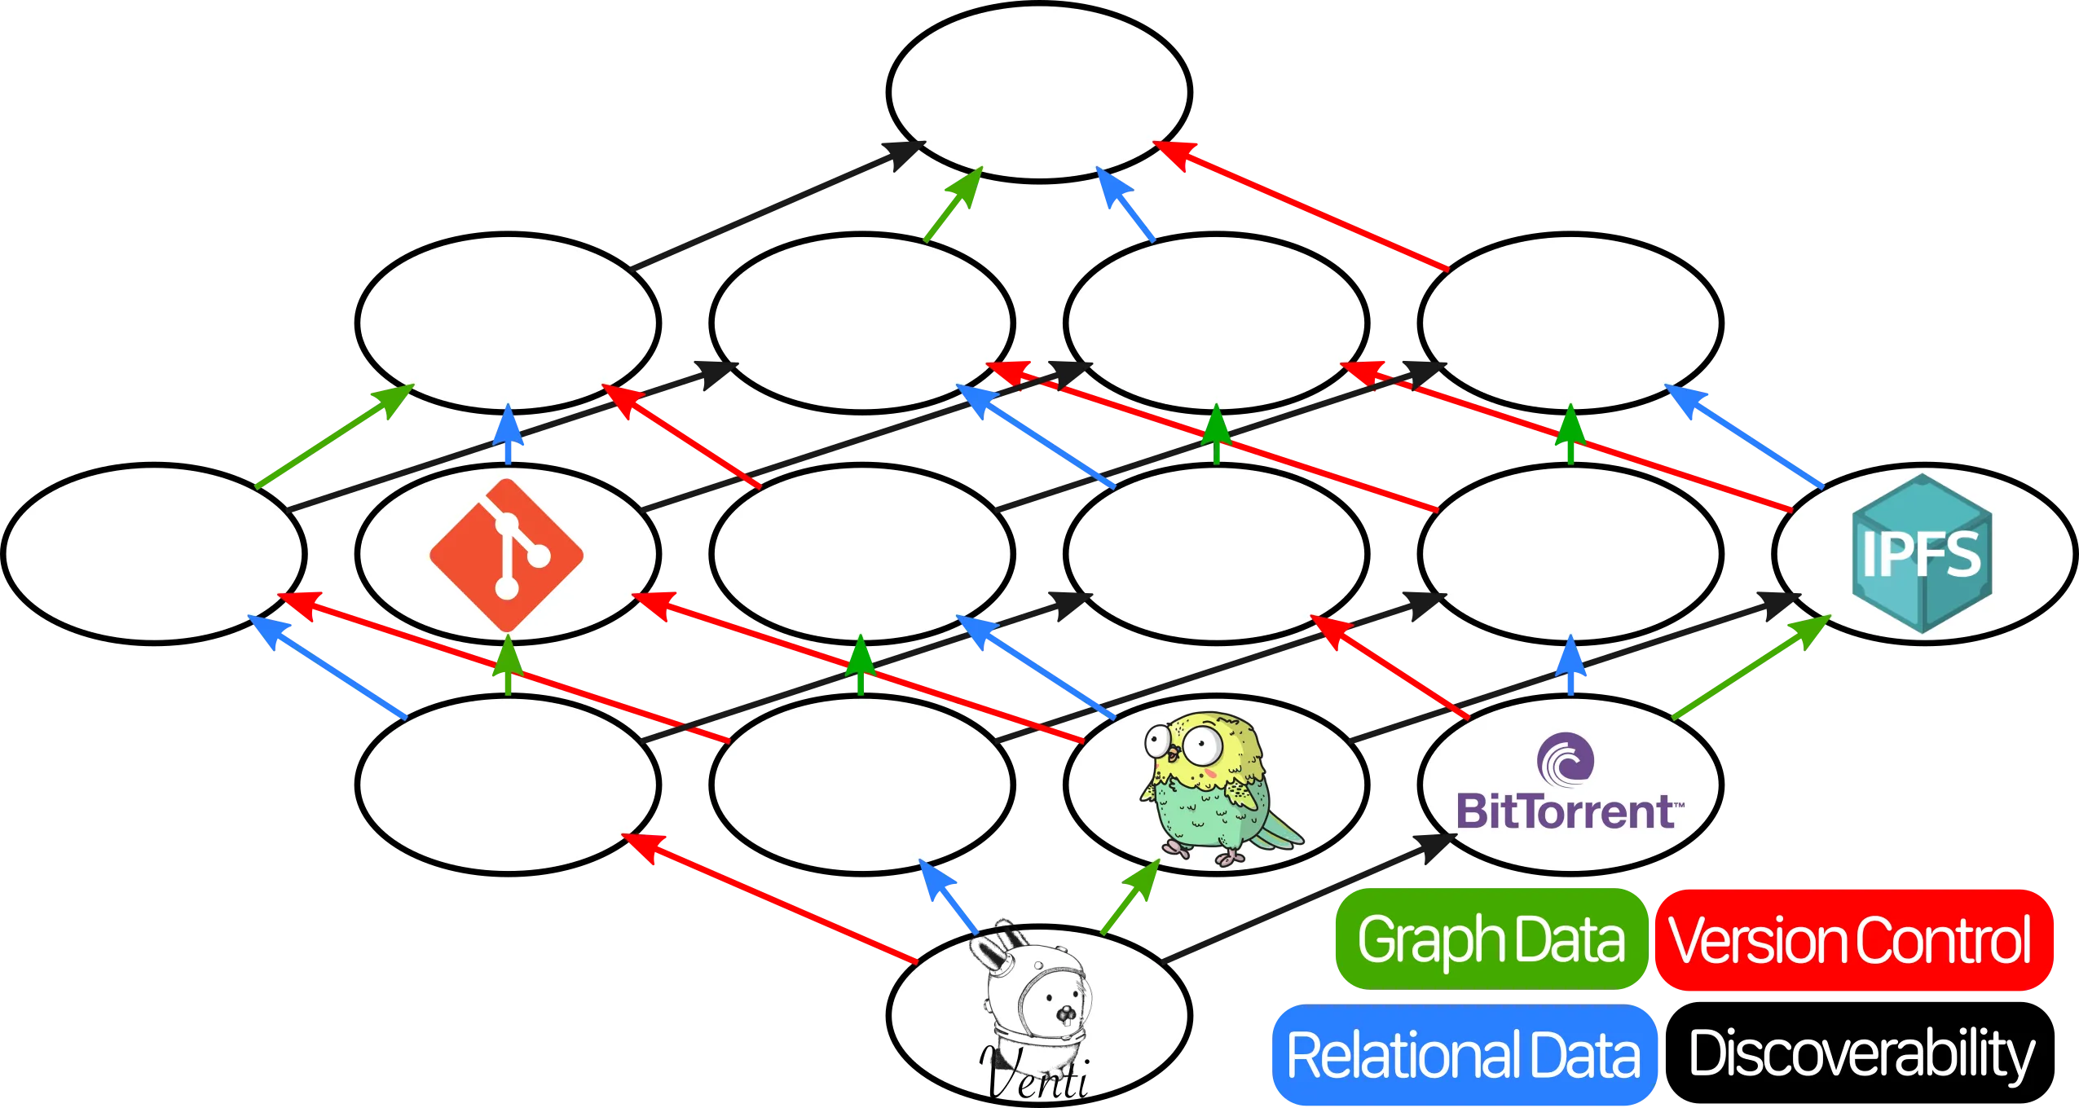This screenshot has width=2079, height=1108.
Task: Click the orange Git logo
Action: tap(507, 554)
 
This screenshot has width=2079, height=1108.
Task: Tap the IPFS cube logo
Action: tap(1922, 554)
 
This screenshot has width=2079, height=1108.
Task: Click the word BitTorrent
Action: tap(1565, 811)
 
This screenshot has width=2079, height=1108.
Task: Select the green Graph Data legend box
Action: tap(1491, 939)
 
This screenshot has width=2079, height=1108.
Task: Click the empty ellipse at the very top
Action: tap(1039, 91)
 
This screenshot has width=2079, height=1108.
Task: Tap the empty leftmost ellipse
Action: tap(153, 554)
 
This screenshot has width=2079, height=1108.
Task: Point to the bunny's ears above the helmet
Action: tap(998, 949)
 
